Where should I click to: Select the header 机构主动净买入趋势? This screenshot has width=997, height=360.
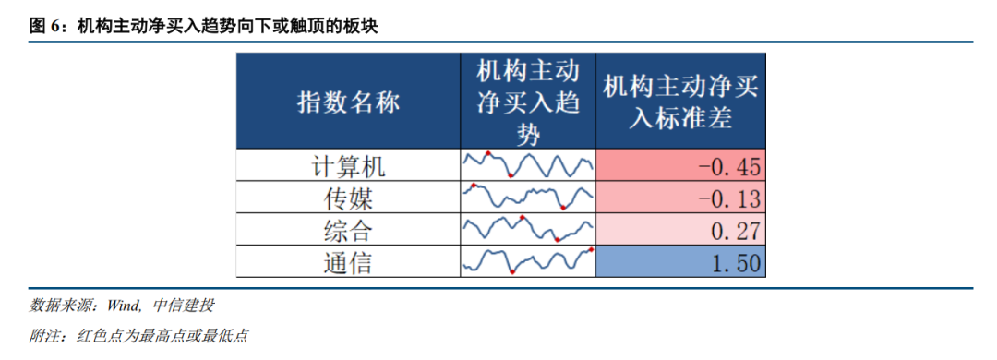(x=527, y=102)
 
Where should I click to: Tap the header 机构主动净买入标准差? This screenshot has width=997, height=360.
(x=680, y=102)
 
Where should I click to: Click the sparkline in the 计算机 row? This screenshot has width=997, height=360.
(x=527, y=165)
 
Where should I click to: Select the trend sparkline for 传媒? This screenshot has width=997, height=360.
(x=527, y=197)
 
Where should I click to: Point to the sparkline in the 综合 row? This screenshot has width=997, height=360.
(x=527, y=229)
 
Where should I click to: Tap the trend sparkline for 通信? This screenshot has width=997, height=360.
(x=527, y=260)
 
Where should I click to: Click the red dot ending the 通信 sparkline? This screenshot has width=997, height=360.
(x=590, y=249)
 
